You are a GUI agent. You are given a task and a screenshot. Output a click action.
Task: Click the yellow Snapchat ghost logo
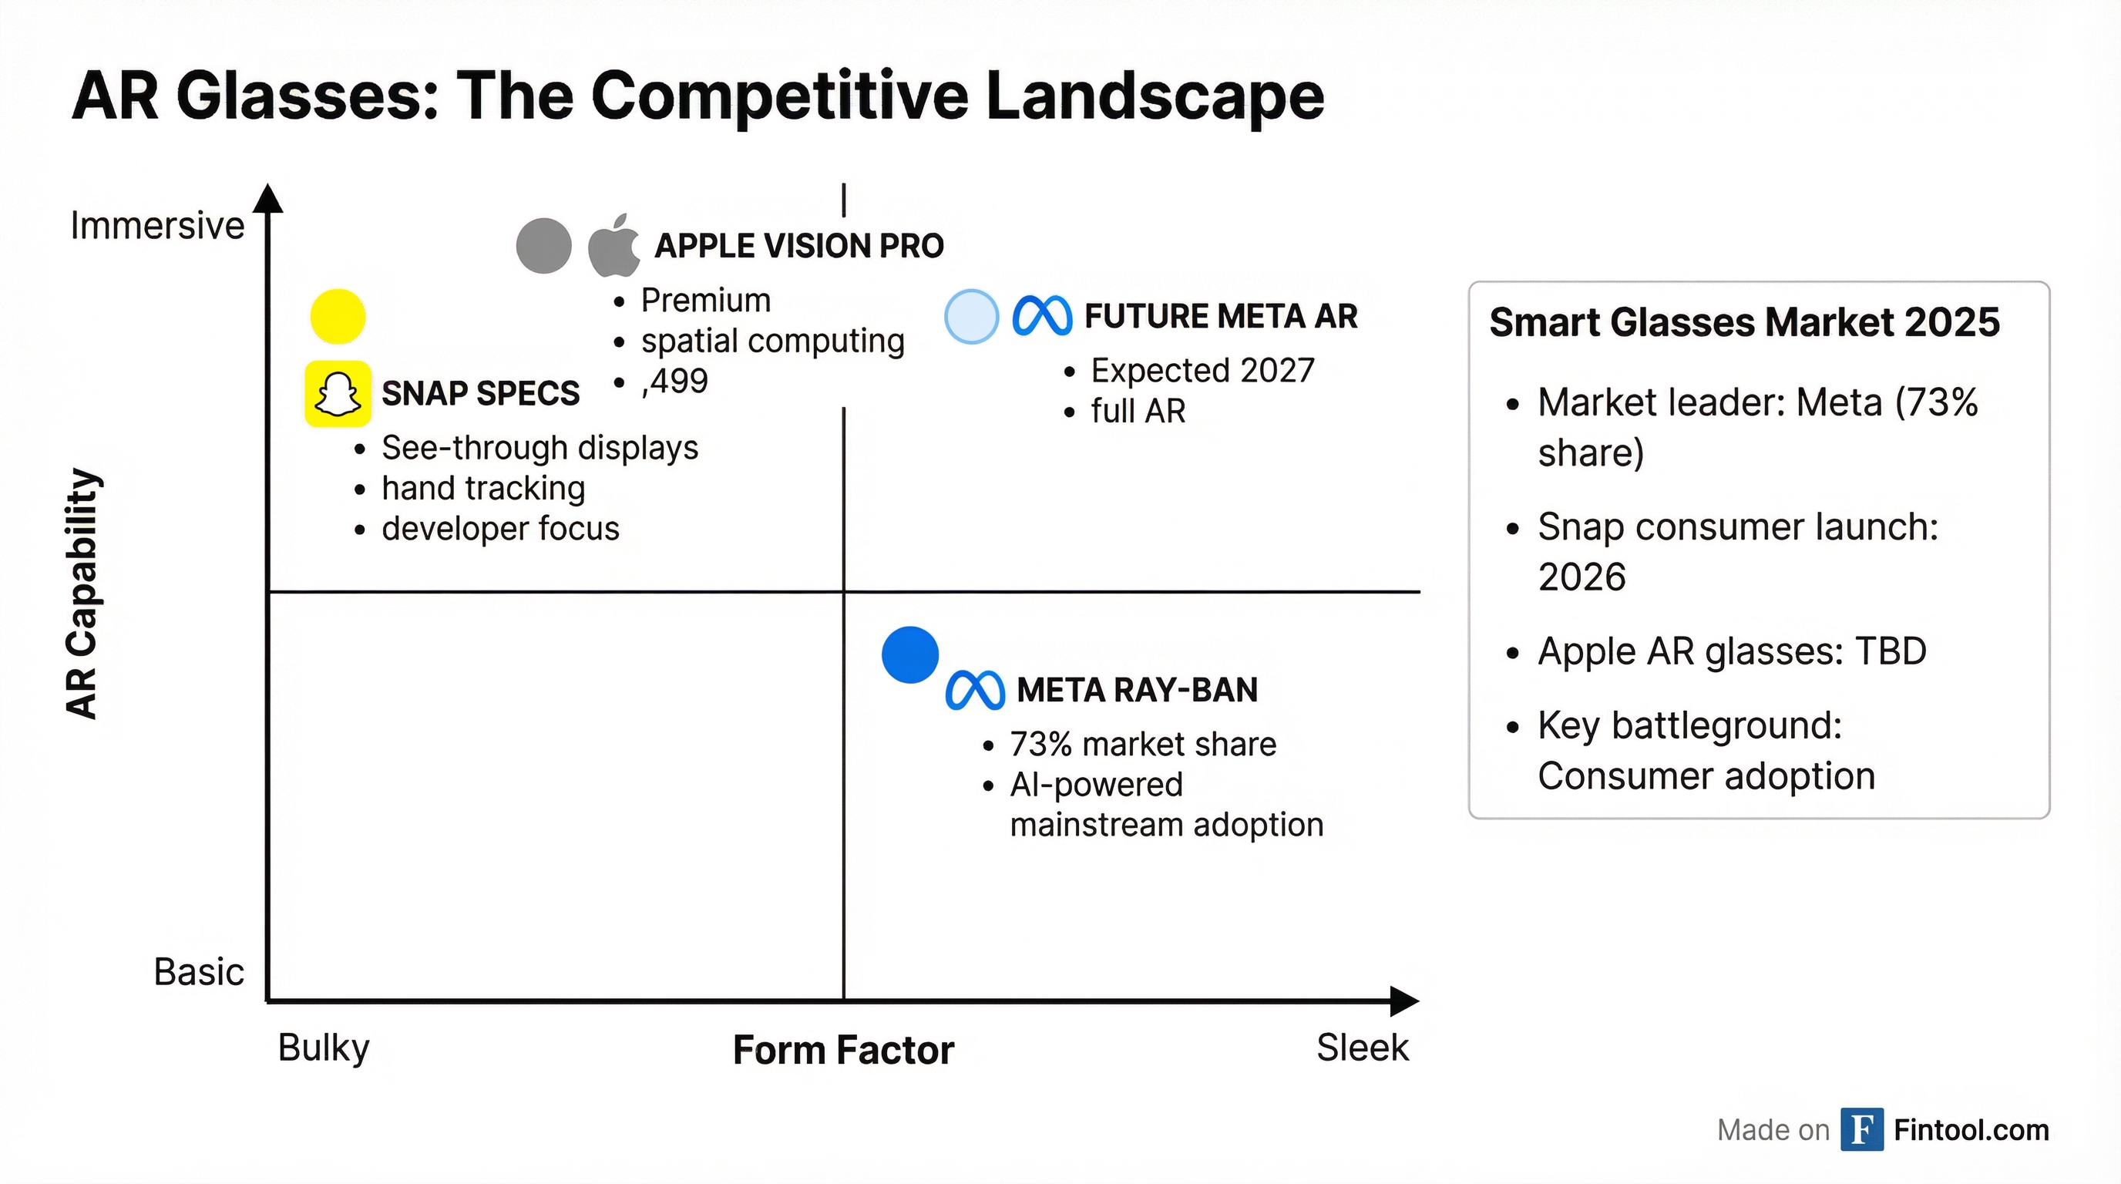click(338, 394)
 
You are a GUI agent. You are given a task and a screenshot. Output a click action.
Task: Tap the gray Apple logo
click(614, 245)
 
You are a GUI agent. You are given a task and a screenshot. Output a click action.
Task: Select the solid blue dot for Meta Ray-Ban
click(909, 654)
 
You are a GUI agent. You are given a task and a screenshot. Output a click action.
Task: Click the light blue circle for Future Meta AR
click(972, 316)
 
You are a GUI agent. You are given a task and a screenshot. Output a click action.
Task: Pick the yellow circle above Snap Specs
click(338, 316)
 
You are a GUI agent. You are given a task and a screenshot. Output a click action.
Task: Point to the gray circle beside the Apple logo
click(543, 245)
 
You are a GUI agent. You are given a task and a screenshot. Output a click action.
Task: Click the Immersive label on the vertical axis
click(157, 226)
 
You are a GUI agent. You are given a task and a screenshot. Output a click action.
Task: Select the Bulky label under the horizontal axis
click(324, 1048)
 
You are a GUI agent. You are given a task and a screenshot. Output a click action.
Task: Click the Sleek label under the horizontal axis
click(1362, 1048)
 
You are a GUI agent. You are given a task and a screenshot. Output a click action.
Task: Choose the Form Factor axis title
click(843, 1050)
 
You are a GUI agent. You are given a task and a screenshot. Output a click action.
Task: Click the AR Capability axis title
click(82, 593)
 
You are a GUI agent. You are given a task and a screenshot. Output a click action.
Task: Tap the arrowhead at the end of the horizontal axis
click(1403, 1001)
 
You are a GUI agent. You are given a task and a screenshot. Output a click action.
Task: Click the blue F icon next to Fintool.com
click(1861, 1130)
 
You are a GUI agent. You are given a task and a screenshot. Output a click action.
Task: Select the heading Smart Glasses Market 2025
click(1744, 322)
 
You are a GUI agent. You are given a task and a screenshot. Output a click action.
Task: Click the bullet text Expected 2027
click(1202, 371)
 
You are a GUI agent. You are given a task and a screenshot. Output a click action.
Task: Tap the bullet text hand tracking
click(483, 488)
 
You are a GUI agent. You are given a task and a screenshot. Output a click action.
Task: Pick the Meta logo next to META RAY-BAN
click(975, 690)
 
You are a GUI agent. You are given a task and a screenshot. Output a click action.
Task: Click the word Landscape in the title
click(1155, 96)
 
